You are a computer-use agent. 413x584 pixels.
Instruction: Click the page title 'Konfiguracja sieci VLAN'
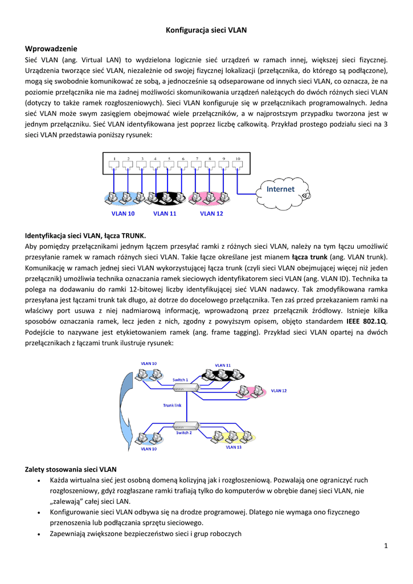pyautogui.click(x=206, y=30)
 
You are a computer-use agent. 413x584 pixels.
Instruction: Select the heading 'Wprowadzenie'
pyautogui.click(x=51, y=48)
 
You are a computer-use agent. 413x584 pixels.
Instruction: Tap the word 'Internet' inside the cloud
pyautogui.click(x=281, y=189)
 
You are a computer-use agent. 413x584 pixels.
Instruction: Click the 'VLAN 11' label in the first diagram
pyautogui.click(x=165, y=214)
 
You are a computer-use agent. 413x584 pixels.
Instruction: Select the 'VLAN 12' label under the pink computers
pyautogui.click(x=211, y=214)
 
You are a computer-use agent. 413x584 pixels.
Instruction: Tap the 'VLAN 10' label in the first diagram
pyautogui.click(x=123, y=214)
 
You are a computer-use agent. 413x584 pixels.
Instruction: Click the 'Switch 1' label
pyautogui.click(x=180, y=379)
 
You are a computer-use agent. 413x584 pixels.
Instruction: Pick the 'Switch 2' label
pyautogui.click(x=183, y=432)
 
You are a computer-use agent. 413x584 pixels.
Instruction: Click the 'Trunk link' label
pyautogui.click(x=172, y=405)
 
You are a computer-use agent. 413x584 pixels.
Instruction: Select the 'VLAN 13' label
pyautogui.click(x=234, y=447)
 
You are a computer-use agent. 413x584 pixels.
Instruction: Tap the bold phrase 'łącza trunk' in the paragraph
pyautogui.click(x=310, y=257)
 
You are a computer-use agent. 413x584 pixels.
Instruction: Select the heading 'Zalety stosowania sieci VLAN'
pyautogui.click(x=71, y=469)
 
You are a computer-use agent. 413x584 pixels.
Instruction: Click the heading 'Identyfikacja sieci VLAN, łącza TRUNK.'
pyautogui.click(x=85, y=235)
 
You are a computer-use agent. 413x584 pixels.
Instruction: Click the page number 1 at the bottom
pyautogui.click(x=386, y=546)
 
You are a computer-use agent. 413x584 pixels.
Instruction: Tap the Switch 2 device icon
pyautogui.click(x=186, y=425)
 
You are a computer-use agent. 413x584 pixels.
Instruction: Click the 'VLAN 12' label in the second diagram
pyautogui.click(x=279, y=391)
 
